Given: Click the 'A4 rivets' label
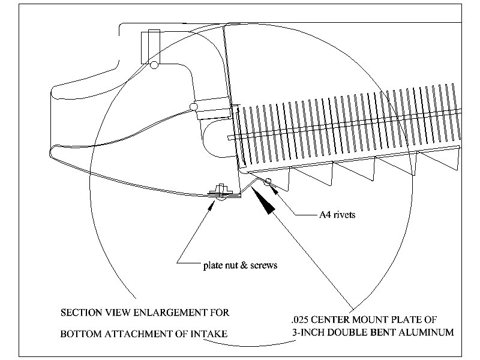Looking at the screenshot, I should click(338, 215).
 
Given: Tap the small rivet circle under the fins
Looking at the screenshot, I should click(268, 182).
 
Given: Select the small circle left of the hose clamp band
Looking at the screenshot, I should click(193, 107).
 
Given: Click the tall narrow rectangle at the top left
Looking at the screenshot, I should click(149, 46).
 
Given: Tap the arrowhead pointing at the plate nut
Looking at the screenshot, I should click(213, 204).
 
